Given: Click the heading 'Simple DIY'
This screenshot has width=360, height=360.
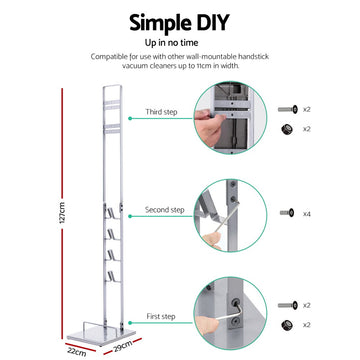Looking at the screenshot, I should pos(181,23).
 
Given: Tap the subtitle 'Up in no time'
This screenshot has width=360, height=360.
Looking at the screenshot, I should pos(180,46).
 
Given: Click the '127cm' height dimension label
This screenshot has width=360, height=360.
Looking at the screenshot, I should pos(62,211).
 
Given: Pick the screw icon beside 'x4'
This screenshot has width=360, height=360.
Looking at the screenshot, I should pos(290,213).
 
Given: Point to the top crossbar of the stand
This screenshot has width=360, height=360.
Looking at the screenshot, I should pos(109,88).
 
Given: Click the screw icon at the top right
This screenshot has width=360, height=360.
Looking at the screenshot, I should pos(290,107).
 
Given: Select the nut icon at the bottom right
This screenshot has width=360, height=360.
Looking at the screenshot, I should pos(290,324).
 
